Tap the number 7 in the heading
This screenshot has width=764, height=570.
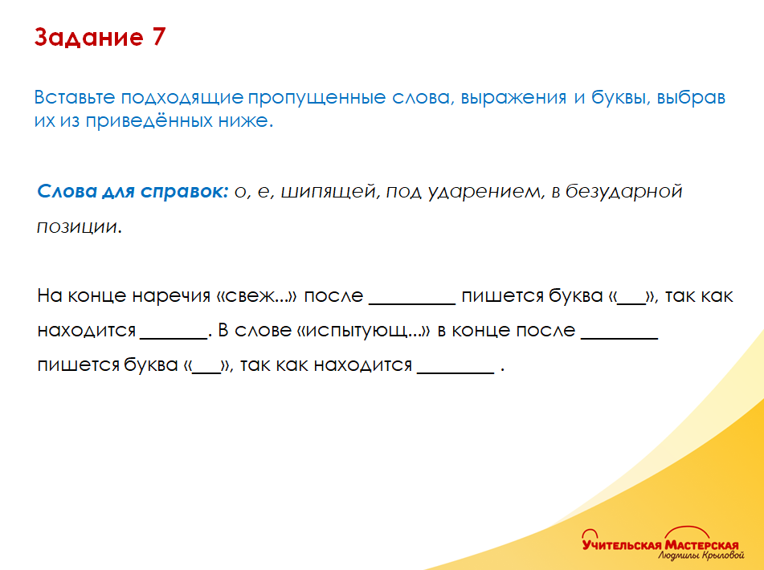157,39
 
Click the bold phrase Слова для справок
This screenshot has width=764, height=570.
133,193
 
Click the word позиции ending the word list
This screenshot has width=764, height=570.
77,227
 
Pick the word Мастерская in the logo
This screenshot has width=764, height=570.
701,544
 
